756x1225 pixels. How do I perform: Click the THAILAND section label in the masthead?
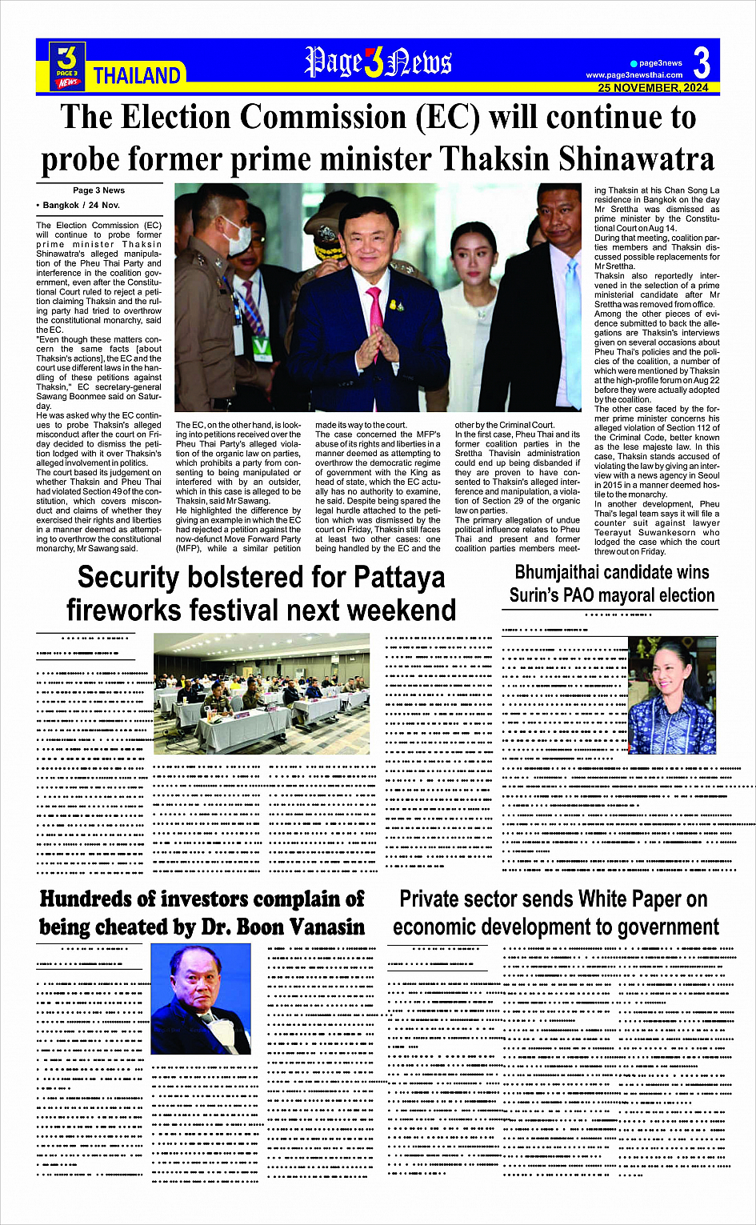click(x=137, y=76)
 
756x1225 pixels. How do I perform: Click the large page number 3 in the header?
click(x=702, y=62)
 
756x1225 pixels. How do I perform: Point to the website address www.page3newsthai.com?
click(x=634, y=75)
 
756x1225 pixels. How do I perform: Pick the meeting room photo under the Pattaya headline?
click(x=262, y=694)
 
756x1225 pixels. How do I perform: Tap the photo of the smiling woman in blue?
click(x=672, y=696)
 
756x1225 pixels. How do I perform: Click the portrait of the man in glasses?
click(x=201, y=999)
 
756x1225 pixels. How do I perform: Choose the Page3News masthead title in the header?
click(x=378, y=62)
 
